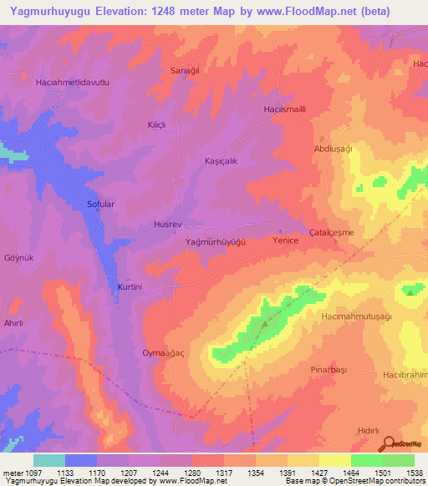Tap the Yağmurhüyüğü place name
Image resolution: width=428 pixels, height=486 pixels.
(215, 241)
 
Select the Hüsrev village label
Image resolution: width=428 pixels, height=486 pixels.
(167, 225)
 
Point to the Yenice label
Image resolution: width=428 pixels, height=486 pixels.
(286, 240)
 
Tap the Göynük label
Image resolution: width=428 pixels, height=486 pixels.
(18, 258)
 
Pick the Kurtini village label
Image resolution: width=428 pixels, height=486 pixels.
(130, 286)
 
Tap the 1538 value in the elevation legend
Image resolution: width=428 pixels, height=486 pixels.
(414, 472)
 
